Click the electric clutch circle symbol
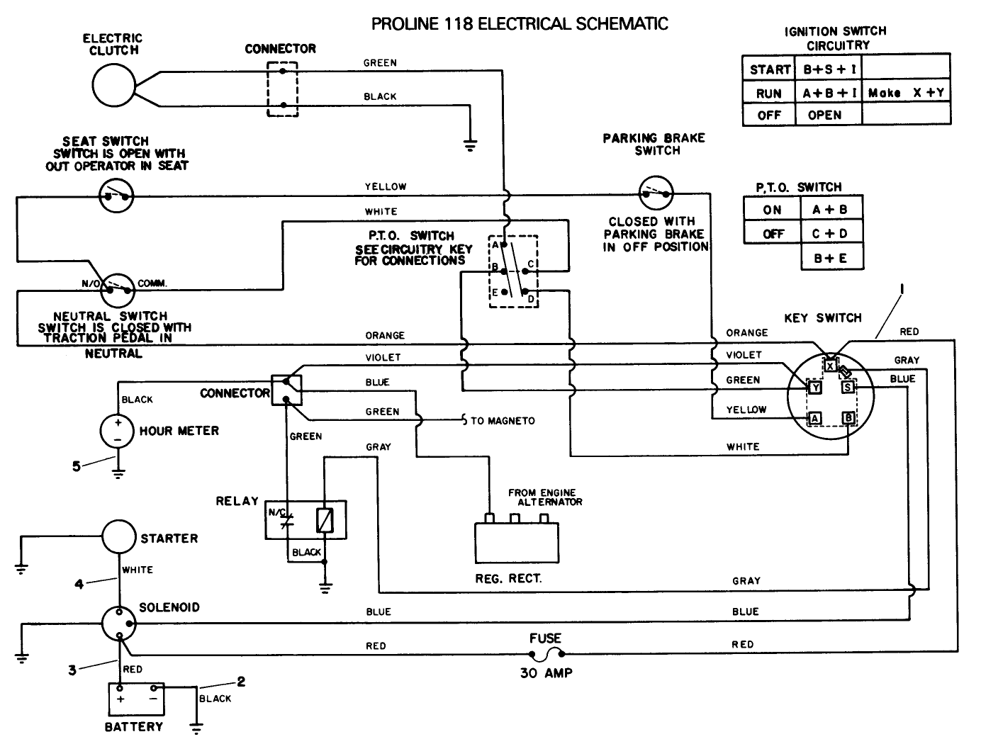tap(113, 84)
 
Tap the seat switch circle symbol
tap(116, 195)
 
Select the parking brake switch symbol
tap(656, 192)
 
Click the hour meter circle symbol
tap(118, 431)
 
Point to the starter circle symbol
tap(118, 538)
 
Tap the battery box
tap(135, 699)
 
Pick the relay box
tap(305, 520)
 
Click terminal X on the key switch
tap(829, 366)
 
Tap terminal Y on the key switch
tap(815, 388)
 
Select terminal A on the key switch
tap(815, 419)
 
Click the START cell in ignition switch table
tap(769, 69)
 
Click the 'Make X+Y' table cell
tap(905, 92)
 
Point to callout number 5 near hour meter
tap(77, 466)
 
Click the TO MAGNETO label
tap(502, 421)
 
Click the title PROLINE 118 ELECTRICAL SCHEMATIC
tap(520, 24)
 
